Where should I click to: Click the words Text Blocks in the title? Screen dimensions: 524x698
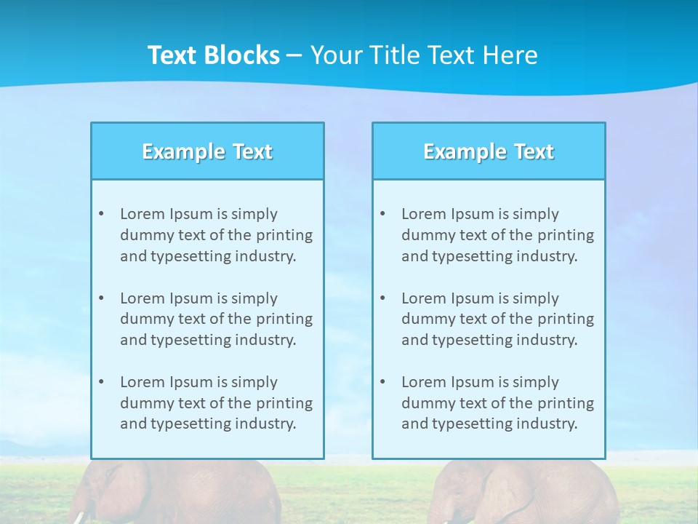point(213,55)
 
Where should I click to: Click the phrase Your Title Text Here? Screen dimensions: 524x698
point(424,55)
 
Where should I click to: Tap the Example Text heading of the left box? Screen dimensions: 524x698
point(207,151)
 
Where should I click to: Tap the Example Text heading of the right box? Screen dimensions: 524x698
point(489,151)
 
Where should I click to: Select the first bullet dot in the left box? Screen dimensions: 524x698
point(101,214)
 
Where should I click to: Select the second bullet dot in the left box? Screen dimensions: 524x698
point(101,298)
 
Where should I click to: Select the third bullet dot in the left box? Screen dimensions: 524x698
point(101,382)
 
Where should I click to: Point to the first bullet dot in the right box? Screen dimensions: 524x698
point(382,214)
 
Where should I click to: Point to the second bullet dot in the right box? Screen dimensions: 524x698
point(382,298)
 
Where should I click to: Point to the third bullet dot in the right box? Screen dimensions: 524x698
point(382,382)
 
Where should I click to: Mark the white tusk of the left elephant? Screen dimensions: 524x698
point(79,517)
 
